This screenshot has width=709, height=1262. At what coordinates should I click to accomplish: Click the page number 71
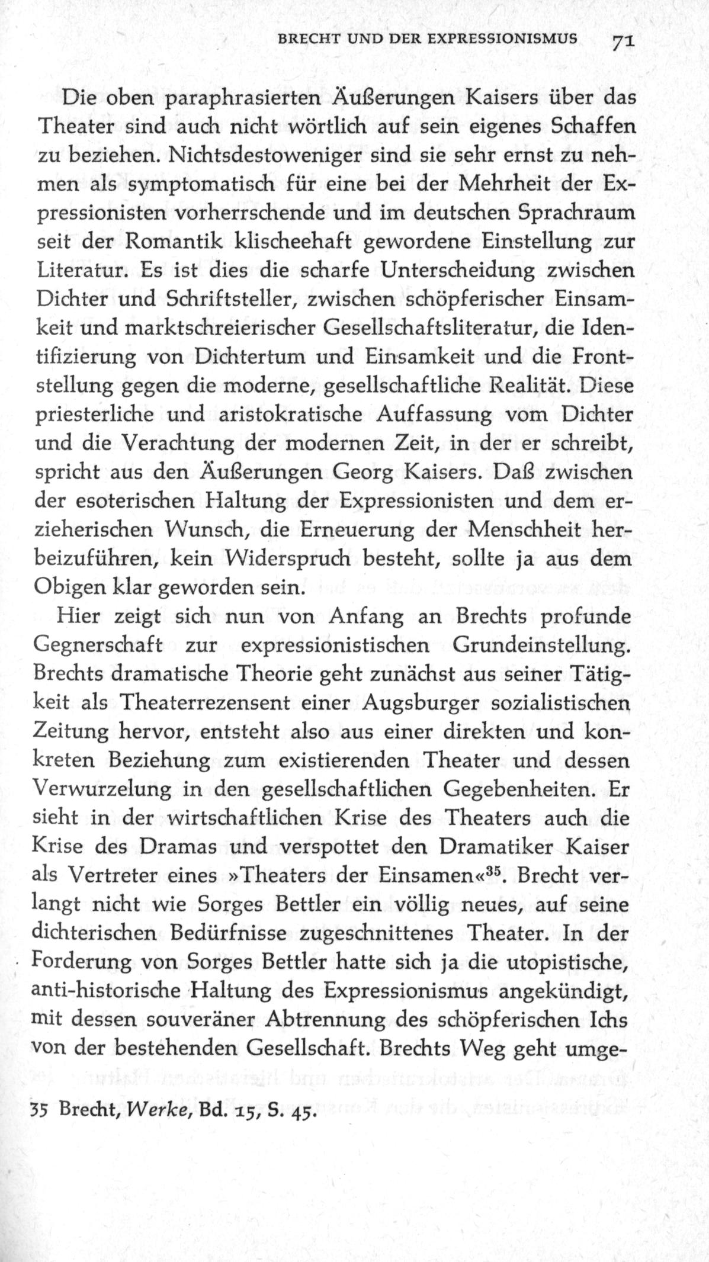pyautogui.click(x=623, y=43)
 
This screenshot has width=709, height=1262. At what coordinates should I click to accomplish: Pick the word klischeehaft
pyautogui.click(x=293, y=242)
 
